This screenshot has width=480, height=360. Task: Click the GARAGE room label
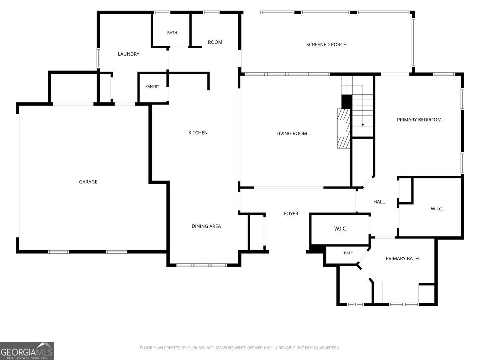coord(88,182)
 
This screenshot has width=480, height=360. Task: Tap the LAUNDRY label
coord(129,54)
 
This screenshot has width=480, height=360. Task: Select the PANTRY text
coord(152,86)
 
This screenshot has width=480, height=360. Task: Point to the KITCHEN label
coord(198,133)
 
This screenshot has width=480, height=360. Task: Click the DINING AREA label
coord(206,226)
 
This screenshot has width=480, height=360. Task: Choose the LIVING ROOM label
coord(292,133)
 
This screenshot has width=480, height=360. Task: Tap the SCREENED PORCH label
coord(326,44)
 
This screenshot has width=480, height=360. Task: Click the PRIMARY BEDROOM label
coord(419,120)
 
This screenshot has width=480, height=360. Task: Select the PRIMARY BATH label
coord(402,259)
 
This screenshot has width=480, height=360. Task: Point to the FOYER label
coord(291,213)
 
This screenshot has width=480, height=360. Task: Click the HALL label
coord(379,202)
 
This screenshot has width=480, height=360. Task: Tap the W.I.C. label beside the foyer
coord(340,228)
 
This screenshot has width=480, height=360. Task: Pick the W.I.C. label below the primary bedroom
coord(437,209)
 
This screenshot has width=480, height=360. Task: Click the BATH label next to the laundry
coord(172,33)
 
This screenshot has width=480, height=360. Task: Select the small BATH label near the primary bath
coord(348,253)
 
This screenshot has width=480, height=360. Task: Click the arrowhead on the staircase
coord(363,125)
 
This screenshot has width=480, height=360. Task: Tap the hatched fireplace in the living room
coord(343,129)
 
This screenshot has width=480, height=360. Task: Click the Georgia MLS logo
coord(27,351)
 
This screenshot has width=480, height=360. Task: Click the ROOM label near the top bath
coord(215,42)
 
